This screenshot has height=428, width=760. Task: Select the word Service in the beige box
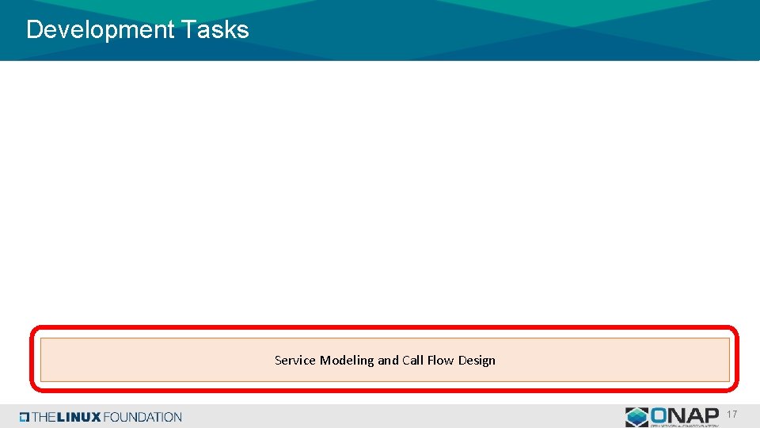tap(294, 361)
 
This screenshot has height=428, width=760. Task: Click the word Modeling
tap(347, 361)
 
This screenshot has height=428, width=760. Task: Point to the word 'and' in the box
tap(388, 361)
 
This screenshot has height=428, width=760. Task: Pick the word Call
tap(412, 361)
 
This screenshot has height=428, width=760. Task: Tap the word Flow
tap(440, 361)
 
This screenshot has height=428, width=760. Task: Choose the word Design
tap(477, 361)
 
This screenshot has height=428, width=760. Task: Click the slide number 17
tap(732, 415)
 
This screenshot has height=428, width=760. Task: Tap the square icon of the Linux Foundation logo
tap(25, 417)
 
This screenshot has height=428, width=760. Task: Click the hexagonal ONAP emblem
tap(636, 417)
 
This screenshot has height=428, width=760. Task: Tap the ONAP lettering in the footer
tap(683, 415)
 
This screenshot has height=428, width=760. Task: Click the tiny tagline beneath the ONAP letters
tap(683, 425)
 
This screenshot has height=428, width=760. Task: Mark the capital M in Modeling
tap(325, 361)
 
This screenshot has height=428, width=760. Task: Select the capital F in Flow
tap(430, 361)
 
